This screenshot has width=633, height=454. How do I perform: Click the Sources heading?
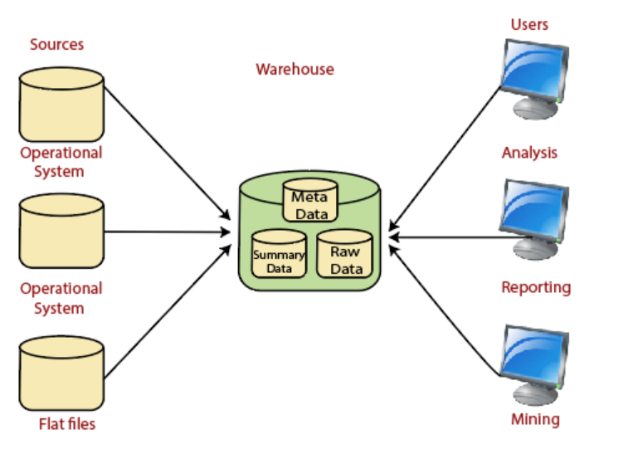pos(56,44)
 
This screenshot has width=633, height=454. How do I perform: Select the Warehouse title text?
pos(295,69)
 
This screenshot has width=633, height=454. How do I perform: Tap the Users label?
pos(529,24)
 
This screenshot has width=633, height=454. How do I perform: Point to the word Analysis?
pos(529,153)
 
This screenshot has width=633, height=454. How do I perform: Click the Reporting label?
pos(536,288)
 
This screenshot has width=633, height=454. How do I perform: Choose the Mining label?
pos(535,418)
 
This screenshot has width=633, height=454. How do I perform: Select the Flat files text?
pos(67,424)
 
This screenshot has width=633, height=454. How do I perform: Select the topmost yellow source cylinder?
pos(61,105)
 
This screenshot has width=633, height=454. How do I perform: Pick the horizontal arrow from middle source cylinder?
pos(166,232)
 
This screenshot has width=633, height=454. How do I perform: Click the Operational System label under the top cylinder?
pos(61,162)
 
